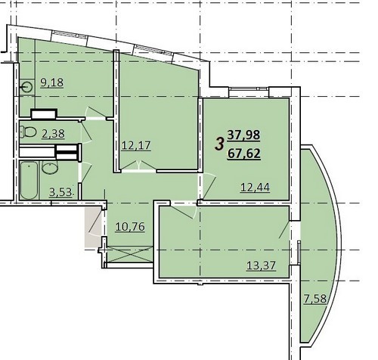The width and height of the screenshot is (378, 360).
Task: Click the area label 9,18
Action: (x=52, y=82)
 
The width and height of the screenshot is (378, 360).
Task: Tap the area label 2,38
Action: (x=53, y=134)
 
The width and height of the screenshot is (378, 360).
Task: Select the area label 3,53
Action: (x=61, y=192)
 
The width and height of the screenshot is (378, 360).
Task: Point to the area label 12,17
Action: (x=136, y=145)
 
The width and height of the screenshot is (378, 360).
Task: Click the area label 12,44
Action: (x=256, y=188)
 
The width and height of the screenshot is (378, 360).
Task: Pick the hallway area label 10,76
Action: (x=130, y=227)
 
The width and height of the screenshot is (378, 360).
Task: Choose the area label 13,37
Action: (x=261, y=265)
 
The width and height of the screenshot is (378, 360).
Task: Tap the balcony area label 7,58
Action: (x=315, y=299)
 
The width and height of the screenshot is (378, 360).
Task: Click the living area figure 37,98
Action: (x=243, y=135)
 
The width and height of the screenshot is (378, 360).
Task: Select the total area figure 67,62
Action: (x=243, y=154)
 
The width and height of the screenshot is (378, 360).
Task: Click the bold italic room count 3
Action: (x=219, y=144)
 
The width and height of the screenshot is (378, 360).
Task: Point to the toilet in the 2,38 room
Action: (x=28, y=132)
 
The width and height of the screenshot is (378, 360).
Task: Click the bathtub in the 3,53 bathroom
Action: (x=29, y=181)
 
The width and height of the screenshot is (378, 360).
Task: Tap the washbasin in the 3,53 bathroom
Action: (x=50, y=168)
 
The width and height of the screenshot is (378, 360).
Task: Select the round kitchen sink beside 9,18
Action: (x=27, y=88)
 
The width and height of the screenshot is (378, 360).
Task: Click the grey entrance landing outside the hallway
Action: (x=93, y=226)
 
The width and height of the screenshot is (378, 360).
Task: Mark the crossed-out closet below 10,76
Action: (x=129, y=254)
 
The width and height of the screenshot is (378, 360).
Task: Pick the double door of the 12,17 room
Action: (x=138, y=166)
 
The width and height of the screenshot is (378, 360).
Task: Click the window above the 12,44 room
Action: (x=249, y=88)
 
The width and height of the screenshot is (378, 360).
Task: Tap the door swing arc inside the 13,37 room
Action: (x=183, y=212)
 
